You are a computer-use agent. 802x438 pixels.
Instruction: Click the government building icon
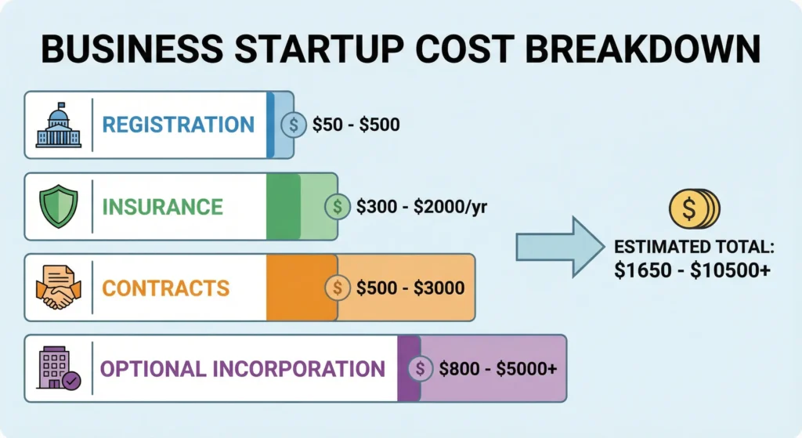click(x=59, y=125)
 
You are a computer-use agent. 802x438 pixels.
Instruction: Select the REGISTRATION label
click(x=179, y=125)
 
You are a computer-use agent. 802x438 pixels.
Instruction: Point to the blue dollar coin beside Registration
click(x=294, y=125)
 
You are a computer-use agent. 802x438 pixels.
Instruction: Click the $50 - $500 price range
click(x=356, y=125)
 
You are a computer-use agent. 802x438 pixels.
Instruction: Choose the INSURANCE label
click(x=163, y=207)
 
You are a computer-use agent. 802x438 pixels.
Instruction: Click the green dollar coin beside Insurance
click(x=338, y=207)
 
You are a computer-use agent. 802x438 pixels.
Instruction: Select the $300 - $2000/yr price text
click(x=421, y=207)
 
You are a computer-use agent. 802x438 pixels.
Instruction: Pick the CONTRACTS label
click(x=166, y=288)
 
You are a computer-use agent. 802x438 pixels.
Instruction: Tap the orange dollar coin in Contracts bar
click(x=338, y=288)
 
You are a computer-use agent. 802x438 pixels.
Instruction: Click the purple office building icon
click(x=59, y=368)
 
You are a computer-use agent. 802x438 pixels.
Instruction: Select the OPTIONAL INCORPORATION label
click(x=243, y=369)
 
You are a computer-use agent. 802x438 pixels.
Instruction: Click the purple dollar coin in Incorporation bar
click(x=421, y=369)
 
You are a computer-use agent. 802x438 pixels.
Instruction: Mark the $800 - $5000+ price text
click(x=498, y=369)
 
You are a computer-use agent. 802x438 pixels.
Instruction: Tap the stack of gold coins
click(x=693, y=209)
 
